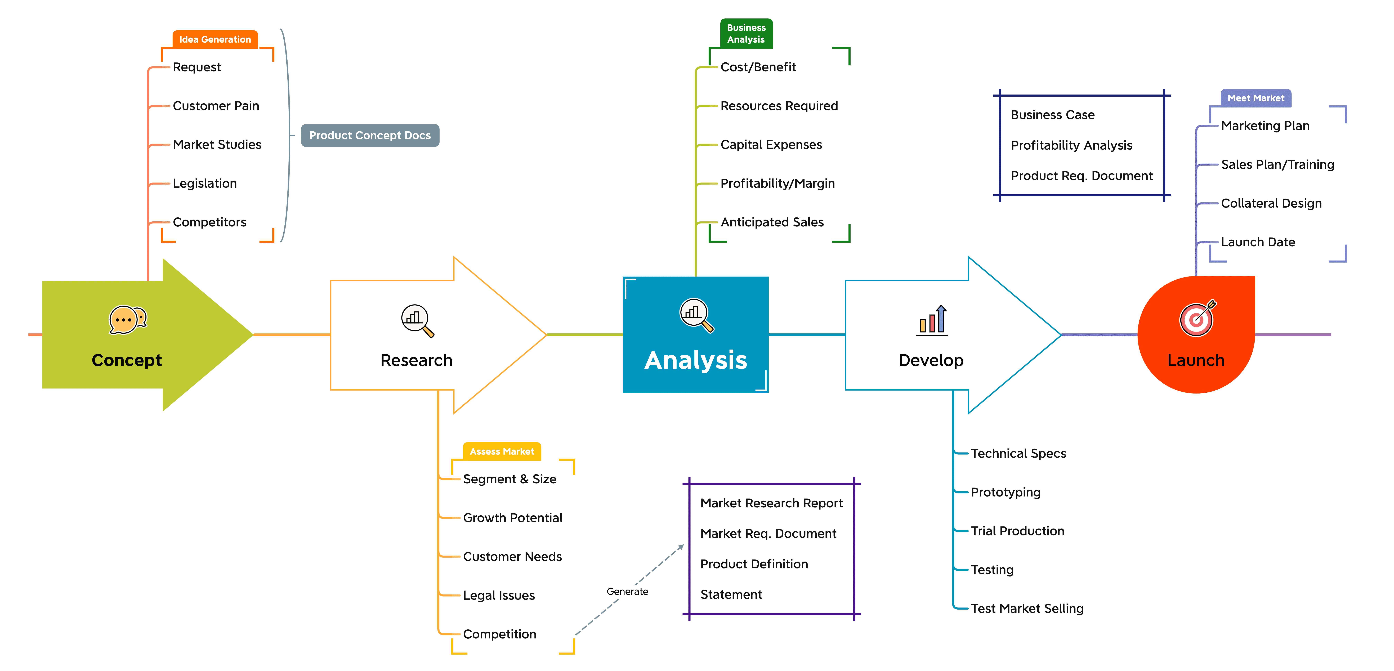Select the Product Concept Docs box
click(x=370, y=135)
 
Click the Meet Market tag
click(x=1256, y=98)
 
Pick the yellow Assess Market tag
click(x=502, y=451)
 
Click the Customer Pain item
click(x=216, y=106)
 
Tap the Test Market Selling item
click(x=1027, y=609)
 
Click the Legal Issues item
click(x=499, y=595)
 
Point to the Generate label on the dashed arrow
click(x=627, y=592)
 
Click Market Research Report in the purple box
click(x=772, y=503)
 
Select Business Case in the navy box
click(x=1053, y=115)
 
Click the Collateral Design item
click(x=1271, y=203)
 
